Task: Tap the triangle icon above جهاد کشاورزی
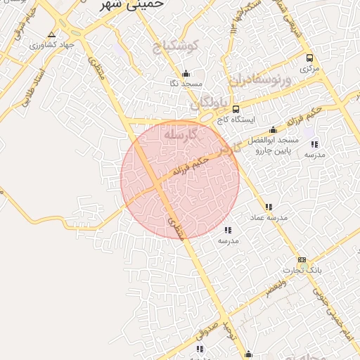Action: (51, 34)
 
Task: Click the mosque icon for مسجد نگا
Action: (186, 73)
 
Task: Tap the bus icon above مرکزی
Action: (309, 58)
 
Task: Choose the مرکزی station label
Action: (309, 69)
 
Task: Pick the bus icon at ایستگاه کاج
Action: (235, 109)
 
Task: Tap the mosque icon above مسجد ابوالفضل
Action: (273, 130)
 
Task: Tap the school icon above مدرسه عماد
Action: (267, 207)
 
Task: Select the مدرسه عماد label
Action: (269, 218)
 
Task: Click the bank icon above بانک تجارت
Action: (302, 260)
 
